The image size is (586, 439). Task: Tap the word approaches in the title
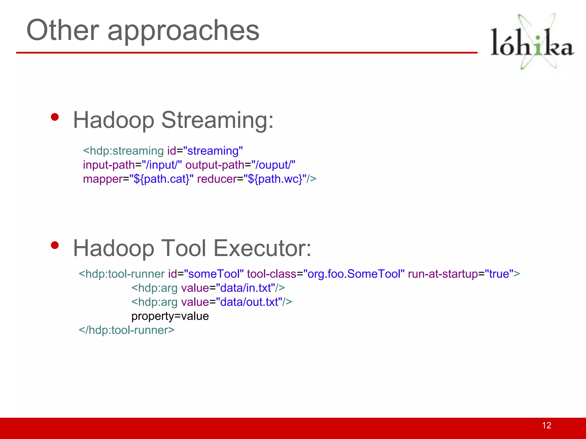[x=183, y=31]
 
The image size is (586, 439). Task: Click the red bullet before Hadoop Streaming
[x=55, y=117]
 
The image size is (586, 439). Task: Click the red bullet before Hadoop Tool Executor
[x=55, y=245]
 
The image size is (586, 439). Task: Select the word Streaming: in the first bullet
[x=217, y=120]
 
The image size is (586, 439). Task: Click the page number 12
[x=547, y=425]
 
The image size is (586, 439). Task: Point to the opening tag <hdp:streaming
[x=123, y=151]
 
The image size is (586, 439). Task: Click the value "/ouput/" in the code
[x=273, y=165]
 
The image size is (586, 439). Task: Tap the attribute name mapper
[x=103, y=179]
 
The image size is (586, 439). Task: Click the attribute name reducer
[x=217, y=179]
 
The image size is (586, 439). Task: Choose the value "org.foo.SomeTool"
[x=354, y=274]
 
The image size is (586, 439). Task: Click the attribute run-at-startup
[x=443, y=274]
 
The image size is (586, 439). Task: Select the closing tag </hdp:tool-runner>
[x=126, y=330]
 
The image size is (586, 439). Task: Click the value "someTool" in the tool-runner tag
[x=214, y=274]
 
